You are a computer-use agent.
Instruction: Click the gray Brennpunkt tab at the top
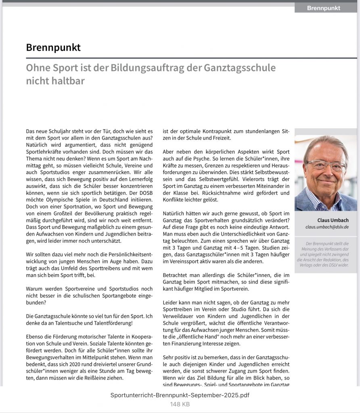[324, 8]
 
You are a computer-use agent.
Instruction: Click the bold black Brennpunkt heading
[53, 48]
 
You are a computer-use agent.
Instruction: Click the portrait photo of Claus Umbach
[326, 173]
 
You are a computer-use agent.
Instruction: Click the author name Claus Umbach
[333, 220]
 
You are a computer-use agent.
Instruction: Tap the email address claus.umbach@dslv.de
[327, 227]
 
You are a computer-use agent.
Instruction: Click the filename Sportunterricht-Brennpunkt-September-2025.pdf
[180, 395]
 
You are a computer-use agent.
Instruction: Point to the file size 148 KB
[180, 404]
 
